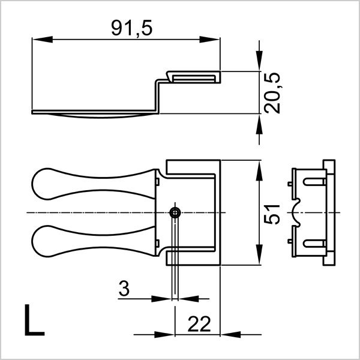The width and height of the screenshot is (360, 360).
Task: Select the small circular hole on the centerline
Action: point(175,213)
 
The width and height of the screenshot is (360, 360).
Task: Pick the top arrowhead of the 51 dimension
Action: point(259,168)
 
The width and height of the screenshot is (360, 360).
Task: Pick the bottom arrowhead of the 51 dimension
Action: point(259,258)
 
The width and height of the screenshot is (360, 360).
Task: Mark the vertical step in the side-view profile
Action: point(158,96)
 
